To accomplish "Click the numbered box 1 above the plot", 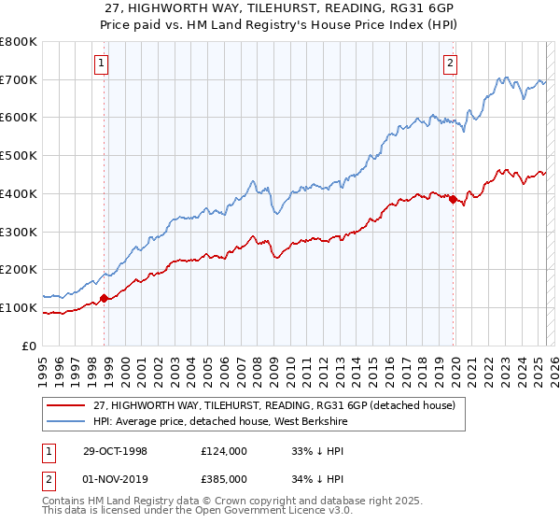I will pos(101,64).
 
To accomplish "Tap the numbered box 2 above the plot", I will pos(450,64).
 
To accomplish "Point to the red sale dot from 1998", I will pos(105,299).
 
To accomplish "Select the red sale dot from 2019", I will pos(453,199).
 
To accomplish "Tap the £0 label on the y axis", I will pos(30,346).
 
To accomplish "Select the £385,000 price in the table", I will pos(225,478).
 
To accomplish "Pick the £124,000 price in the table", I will pos(225,450).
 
